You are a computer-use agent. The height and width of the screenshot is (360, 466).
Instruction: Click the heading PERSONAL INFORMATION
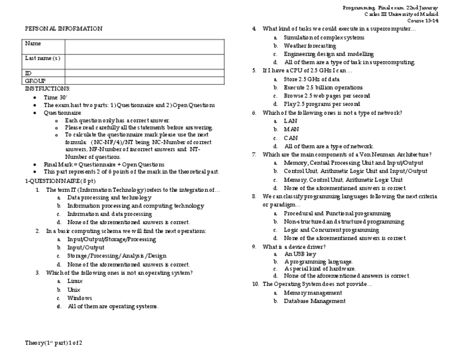63,29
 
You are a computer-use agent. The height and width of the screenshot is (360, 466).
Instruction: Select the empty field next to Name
144,46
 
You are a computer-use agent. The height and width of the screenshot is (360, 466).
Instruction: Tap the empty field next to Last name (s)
144,62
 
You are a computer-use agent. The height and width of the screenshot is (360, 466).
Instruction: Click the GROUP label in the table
35,81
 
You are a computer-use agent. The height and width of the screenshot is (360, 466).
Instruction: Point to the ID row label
28,73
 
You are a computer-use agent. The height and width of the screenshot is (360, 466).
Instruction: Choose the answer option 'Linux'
75,281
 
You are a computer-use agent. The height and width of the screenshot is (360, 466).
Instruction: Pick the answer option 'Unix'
74,290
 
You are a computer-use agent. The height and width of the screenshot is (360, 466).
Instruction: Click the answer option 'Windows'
80,298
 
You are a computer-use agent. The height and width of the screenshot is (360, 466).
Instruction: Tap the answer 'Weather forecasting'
309,46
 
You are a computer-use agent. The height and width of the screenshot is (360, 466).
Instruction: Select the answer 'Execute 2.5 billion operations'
323,87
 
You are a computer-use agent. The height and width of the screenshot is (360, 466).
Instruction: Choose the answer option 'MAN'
291,129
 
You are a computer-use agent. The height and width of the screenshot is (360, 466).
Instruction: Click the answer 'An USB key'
300,254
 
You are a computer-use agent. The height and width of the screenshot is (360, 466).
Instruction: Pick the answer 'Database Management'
314,301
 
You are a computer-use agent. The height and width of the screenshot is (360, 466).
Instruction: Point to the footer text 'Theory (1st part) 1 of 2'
53,343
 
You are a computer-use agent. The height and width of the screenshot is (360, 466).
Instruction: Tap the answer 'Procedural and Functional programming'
337,213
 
